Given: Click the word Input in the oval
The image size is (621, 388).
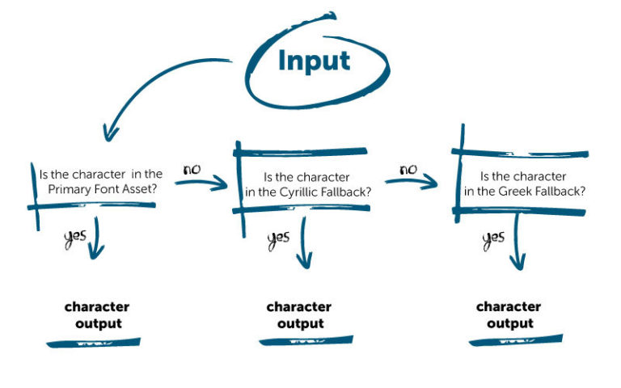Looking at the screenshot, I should pyautogui.click(x=315, y=61).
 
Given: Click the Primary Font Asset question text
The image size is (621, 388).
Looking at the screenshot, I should pyautogui.click(x=100, y=179).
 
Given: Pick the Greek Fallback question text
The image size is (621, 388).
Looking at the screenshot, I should pyautogui.click(x=522, y=183).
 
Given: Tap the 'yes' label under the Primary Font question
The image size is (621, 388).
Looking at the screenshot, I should pyautogui.click(x=74, y=238).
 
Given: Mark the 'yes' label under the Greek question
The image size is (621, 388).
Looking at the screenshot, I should pyautogui.click(x=493, y=238).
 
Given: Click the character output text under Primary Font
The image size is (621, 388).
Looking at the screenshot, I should pyautogui.click(x=97, y=315).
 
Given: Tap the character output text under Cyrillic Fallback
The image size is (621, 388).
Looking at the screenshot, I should pyautogui.click(x=299, y=315).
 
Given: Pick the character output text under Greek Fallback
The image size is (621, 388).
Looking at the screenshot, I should pyautogui.click(x=509, y=315).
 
